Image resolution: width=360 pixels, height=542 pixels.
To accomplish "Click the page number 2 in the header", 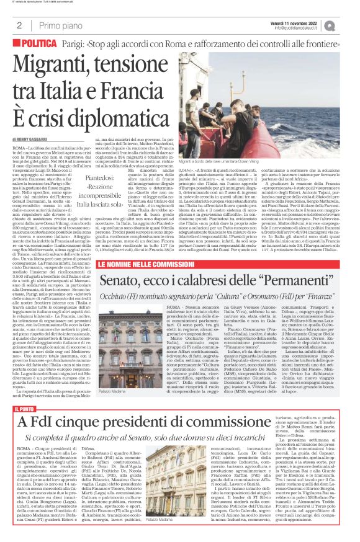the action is click(x=20, y=25).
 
